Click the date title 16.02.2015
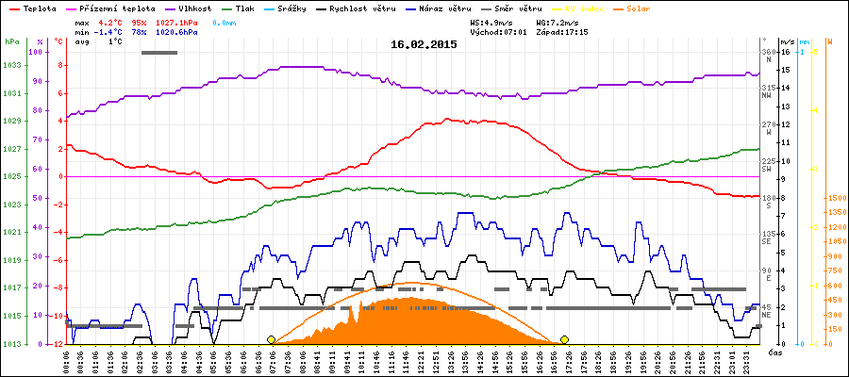(424, 43)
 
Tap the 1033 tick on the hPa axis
(12, 65)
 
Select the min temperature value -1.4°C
(110, 31)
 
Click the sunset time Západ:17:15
(560, 31)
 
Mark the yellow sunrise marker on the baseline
(272, 339)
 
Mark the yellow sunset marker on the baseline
(564, 339)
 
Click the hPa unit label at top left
(11, 41)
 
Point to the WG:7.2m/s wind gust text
(558, 21)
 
